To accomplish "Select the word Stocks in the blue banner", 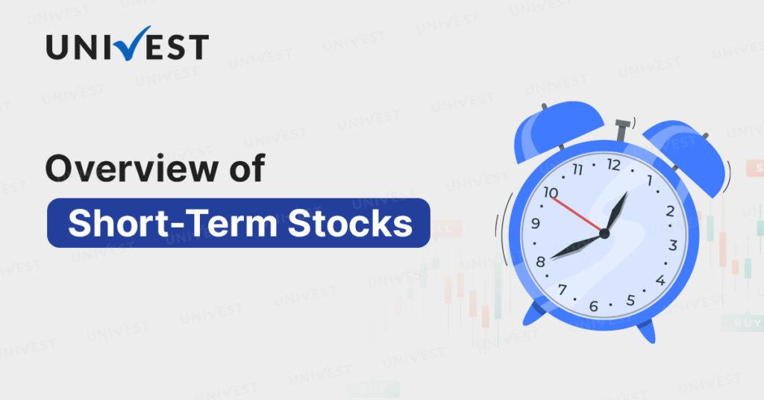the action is tap(350, 222).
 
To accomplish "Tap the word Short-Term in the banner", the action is tap(172, 222).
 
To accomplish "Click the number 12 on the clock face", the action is tap(613, 165).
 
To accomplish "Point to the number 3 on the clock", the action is tap(673, 245).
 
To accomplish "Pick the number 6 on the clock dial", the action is tap(593, 306).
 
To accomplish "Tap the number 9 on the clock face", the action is tap(536, 223).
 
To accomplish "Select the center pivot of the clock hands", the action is tap(604, 234).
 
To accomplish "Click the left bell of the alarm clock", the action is tap(558, 130).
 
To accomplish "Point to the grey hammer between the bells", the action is tap(622, 131).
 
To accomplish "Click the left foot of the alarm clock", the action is tap(533, 314).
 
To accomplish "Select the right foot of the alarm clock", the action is tap(647, 331).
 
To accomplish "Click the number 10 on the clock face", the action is tap(551, 193).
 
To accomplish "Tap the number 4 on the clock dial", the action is tap(660, 280).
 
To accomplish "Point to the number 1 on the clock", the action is tap(649, 181).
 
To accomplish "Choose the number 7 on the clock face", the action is tap(563, 290).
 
